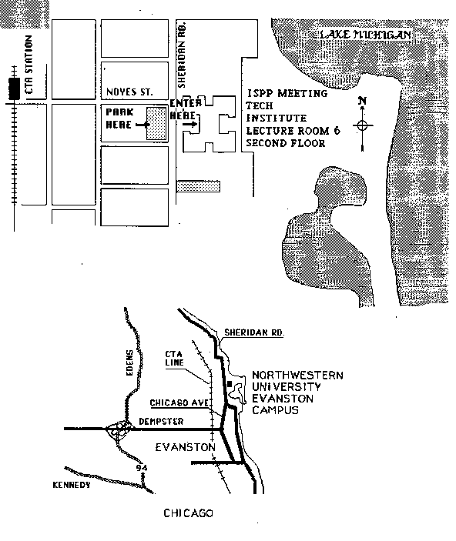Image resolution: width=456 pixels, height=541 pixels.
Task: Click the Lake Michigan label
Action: point(365,35)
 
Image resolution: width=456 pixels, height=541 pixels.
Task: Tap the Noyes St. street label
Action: point(129,92)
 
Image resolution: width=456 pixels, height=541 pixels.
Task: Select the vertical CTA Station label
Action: point(29,65)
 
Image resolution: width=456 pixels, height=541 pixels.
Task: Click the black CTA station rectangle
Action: point(14,89)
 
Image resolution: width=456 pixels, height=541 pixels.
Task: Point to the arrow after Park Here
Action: point(142,125)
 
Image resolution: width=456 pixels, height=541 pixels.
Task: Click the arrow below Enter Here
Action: point(189,125)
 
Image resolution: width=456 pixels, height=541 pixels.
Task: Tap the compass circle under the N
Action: point(362,125)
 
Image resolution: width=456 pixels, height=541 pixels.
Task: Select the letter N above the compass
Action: point(362,101)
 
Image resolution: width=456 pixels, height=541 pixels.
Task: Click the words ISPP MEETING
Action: point(287,93)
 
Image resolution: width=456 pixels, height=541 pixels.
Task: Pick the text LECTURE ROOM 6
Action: point(293,131)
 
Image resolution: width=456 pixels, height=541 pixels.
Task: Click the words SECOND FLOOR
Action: point(286,143)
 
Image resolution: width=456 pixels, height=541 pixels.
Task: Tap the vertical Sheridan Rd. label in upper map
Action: point(182,55)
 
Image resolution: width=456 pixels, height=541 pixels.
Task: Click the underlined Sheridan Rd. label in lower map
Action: point(254,332)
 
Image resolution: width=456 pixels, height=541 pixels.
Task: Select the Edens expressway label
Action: point(129,362)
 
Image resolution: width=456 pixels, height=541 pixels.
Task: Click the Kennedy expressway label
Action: point(72,485)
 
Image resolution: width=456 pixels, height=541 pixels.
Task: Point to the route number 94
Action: point(142,468)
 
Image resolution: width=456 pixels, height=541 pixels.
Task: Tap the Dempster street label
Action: point(161,421)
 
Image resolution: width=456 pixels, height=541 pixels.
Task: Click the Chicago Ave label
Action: point(179,402)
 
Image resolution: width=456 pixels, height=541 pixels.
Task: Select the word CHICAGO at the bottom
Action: point(188,513)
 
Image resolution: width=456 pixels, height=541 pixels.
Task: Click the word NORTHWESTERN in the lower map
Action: point(297,375)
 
